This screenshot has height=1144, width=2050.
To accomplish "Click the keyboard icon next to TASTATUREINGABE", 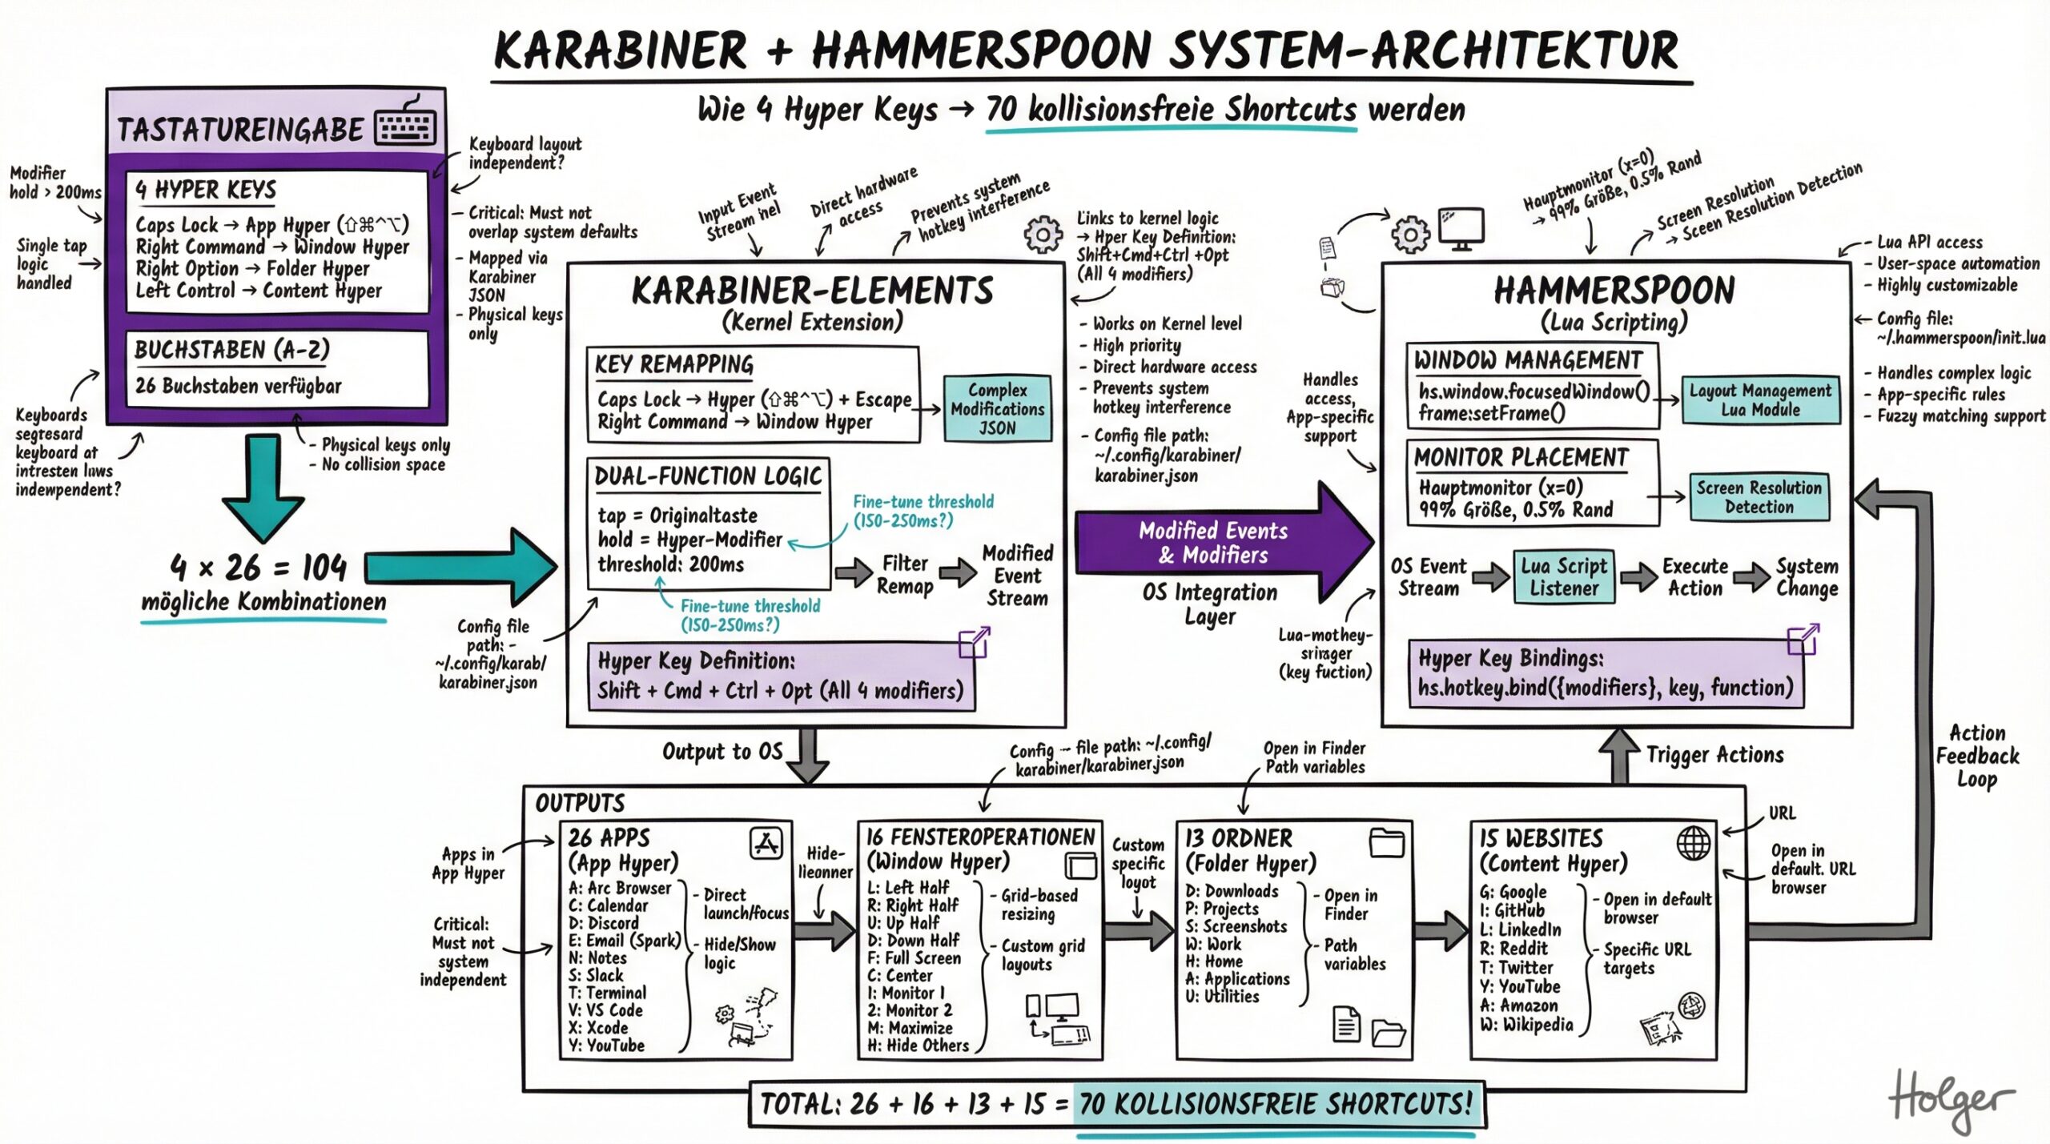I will [407, 124].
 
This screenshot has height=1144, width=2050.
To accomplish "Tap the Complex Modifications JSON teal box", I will [997, 409].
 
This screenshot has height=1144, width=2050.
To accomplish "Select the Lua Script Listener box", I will [1563, 576].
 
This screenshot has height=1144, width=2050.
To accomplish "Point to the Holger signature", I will [1951, 1101].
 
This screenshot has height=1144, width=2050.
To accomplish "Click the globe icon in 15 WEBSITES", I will [1693, 842].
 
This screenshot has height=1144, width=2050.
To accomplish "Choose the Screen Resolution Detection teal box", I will [1759, 497].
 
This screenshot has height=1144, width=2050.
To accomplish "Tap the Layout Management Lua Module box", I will [1759, 400].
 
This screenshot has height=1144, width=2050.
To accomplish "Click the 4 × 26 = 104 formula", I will [259, 568].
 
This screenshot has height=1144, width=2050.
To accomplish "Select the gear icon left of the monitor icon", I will [1410, 235].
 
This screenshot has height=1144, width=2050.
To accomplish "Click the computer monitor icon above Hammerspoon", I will [1461, 229].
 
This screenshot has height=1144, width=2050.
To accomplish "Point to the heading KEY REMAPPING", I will [673, 365].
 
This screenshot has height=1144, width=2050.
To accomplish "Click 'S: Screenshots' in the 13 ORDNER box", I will [1236, 926].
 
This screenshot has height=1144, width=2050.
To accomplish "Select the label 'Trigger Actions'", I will [1714, 755].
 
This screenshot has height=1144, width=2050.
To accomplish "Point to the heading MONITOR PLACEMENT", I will [1521, 458].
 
